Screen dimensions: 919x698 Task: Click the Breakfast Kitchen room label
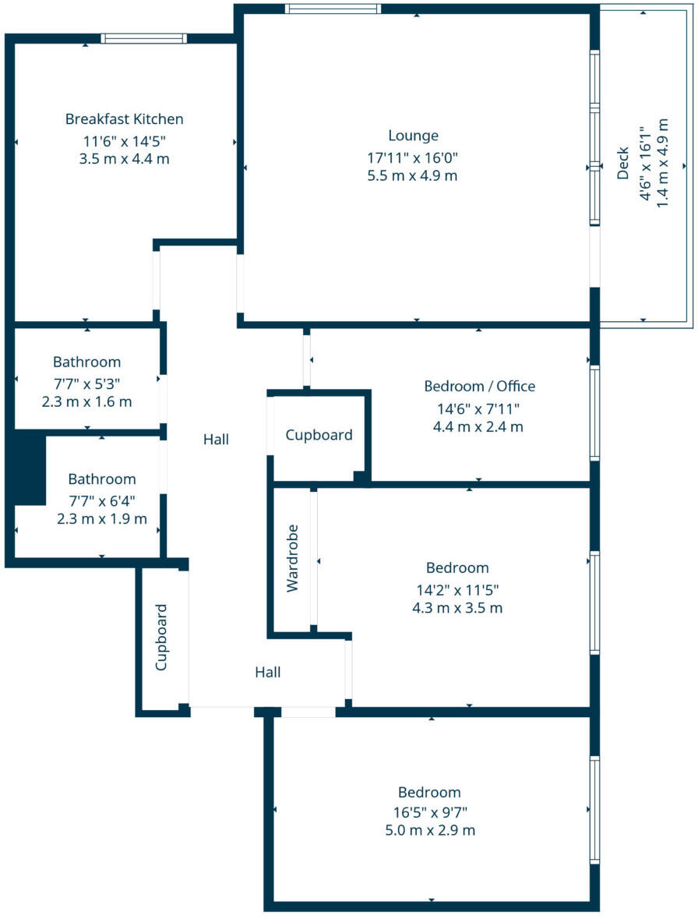click(125, 119)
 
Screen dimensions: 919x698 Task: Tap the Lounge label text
click(413, 136)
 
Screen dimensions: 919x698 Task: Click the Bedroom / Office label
click(479, 386)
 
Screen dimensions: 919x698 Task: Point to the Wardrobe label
click(293, 563)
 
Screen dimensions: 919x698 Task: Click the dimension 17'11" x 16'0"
click(413, 157)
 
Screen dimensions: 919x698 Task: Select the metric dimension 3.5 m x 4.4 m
click(125, 159)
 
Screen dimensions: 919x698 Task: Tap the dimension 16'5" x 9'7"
click(429, 811)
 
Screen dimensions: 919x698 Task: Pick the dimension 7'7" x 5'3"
click(86, 383)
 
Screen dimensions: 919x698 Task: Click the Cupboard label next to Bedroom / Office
click(319, 435)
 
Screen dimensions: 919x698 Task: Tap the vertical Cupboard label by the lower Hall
click(162, 637)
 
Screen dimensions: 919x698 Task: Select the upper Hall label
click(216, 440)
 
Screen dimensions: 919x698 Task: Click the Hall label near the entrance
click(268, 672)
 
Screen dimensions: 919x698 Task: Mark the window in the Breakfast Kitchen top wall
click(143, 38)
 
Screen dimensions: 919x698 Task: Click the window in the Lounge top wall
click(333, 9)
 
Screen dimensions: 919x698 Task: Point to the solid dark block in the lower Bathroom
click(28, 468)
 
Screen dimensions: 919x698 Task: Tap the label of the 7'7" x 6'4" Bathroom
click(101, 479)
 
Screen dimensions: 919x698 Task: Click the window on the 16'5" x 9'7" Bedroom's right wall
click(594, 810)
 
